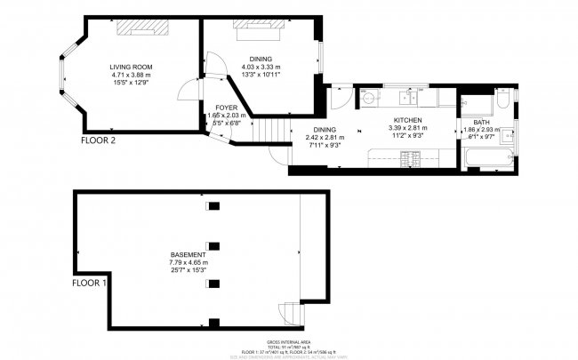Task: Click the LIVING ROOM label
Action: point(131,68)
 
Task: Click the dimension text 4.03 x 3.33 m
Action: point(261,67)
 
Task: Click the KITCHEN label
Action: point(407,119)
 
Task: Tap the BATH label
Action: point(480,123)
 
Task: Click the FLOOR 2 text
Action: point(98,140)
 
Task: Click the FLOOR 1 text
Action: point(90,284)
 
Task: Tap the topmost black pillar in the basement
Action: point(213,206)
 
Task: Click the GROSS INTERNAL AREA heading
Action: point(288,342)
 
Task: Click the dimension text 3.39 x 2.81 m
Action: point(407,127)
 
